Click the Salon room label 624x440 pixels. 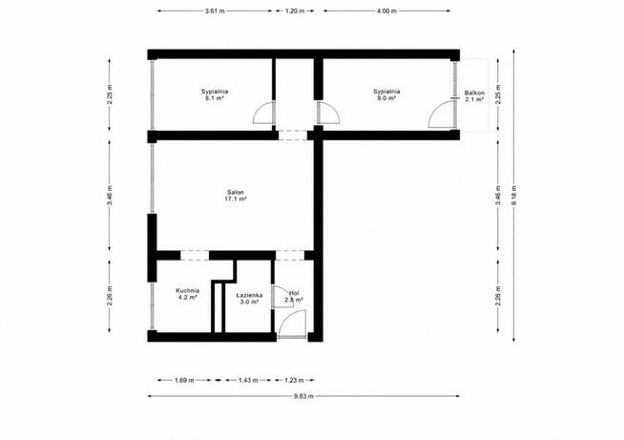pyautogui.click(x=236, y=193)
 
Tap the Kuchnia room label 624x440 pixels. pyautogui.click(x=187, y=291)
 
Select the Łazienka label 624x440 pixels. pyautogui.click(x=249, y=296)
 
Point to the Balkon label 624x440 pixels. pyautogui.click(x=474, y=94)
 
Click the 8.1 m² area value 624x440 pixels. pyautogui.click(x=215, y=98)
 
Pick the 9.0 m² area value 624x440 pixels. pyautogui.click(x=386, y=98)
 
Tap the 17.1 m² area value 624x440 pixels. pyautogui.click(x=236, y=199)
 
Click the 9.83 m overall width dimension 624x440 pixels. pyautogui.click(x=303, y=396)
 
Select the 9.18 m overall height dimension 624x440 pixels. pyautogui.click(x=513, y=196)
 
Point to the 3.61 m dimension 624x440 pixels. pyautogui.click(x=215, y=11)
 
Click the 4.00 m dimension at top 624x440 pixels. pyautogui.click(x=386, y=11)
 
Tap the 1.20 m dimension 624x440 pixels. pyautogui.click(x=295, y=11)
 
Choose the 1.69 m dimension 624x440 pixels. pyautogui.click(x=185, y=380)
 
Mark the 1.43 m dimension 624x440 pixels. pyautogui.click(x=248, y=380)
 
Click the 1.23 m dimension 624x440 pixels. pyautogui.click(x=294, y=380)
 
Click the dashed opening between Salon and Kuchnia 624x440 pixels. pyautogui.click(x=195, y=255)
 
